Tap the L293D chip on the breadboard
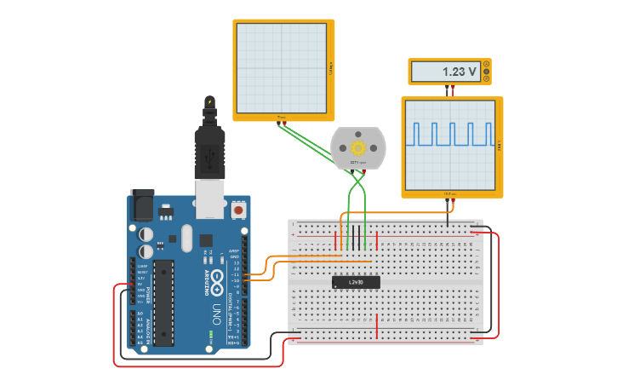pyautogui.click(x=356, y=282)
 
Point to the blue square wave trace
pyautogui.click(x=452, y=134)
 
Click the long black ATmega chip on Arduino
pyautogui.click(x=163, y=302)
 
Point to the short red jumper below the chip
pyautogui.click(x=377, y=325)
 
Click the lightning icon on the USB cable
pyautogui.click(x=209, y=102)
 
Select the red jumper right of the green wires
pyautogui.click(x=377, y=234)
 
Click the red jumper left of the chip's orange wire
pyautogui.click(x=335, y=239)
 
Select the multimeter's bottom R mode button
pyautogui.click(x=486, y=79)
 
